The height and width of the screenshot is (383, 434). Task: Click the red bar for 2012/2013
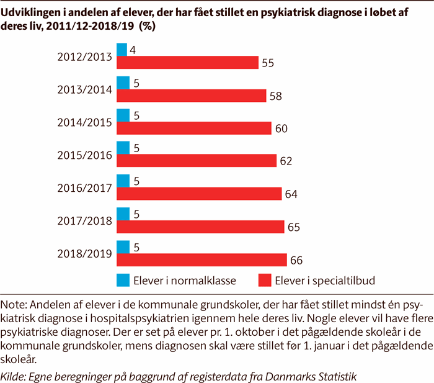point(187,63)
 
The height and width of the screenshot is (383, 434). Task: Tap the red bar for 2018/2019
point(201,259)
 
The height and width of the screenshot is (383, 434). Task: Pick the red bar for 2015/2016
point(197,161)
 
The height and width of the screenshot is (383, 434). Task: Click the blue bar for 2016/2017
point(123,181)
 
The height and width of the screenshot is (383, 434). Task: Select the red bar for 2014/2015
point(194,128)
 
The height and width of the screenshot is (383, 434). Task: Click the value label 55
point(268,63)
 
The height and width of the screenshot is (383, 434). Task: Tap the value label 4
point(133,50)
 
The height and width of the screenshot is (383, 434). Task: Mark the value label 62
point(286,161)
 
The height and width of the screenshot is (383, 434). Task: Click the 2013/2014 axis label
point(84,89)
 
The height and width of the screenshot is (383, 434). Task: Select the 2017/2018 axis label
point(84,220)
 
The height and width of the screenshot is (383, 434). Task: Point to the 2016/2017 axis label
point(84,187)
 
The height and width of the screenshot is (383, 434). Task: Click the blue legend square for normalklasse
point(123,280)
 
